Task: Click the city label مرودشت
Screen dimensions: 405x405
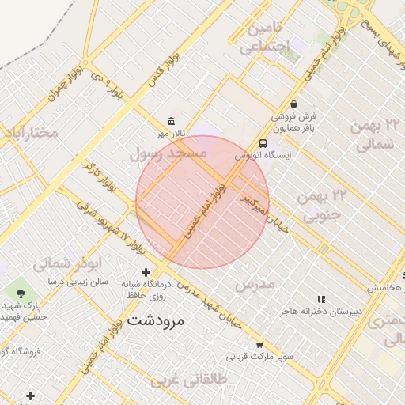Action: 155,321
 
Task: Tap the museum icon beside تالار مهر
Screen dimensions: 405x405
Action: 172,121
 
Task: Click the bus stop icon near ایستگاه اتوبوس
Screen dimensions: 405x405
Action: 263,143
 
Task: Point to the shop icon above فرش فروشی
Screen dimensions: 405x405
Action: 294,104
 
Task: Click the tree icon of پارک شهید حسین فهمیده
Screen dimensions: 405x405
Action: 21,293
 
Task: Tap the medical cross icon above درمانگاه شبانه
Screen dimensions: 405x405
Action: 146,272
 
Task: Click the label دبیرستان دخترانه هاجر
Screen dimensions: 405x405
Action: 320,312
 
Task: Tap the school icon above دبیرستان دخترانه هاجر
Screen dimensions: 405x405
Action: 320,299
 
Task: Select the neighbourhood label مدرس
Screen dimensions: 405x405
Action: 255,282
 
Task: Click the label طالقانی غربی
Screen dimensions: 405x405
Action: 218,380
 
